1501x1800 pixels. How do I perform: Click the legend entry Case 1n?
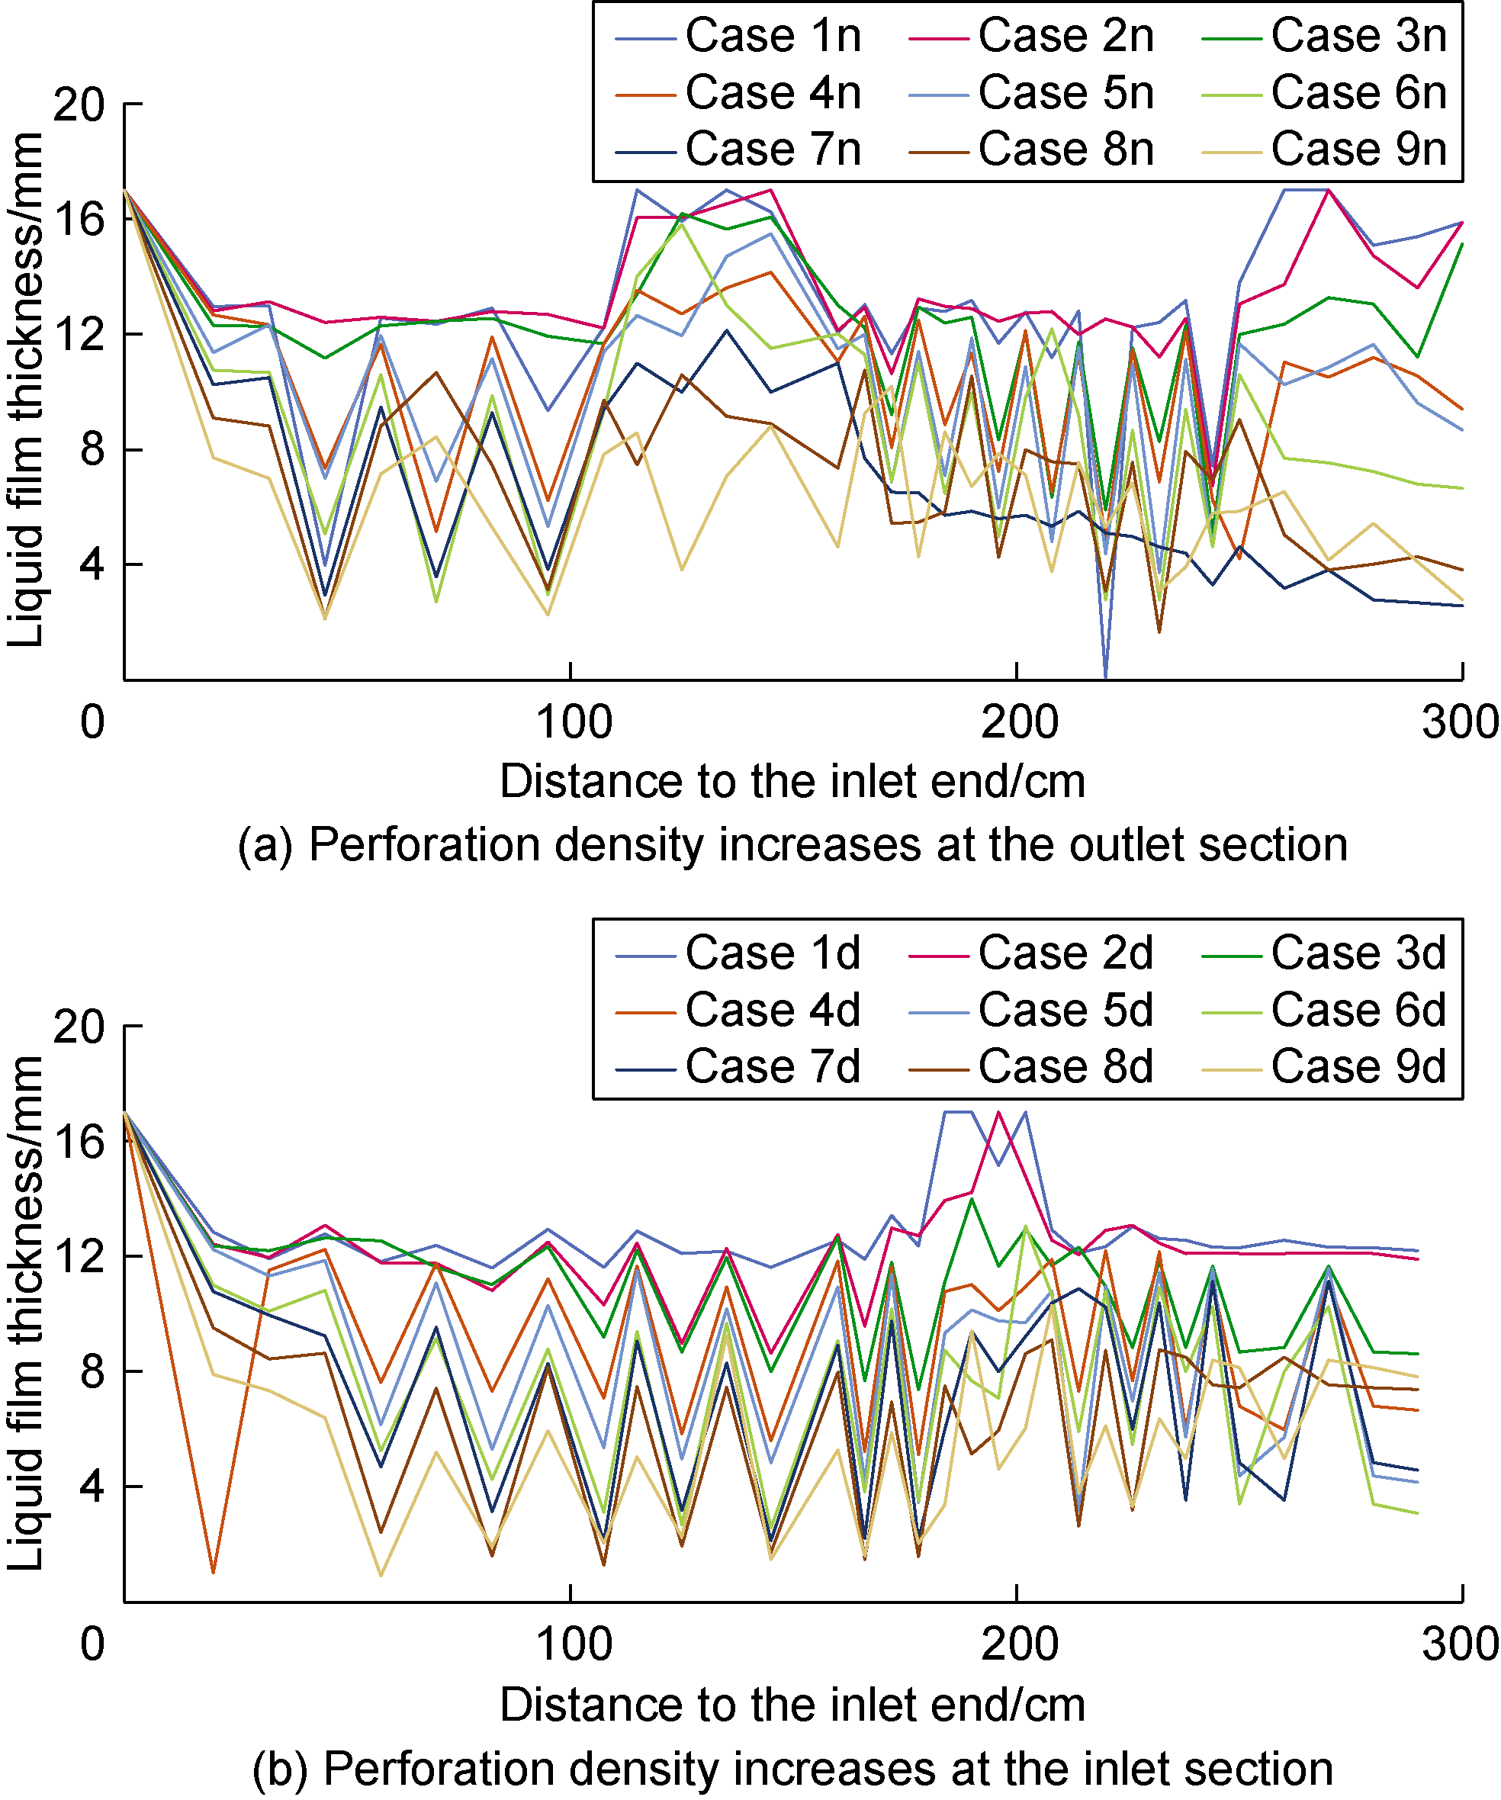[x=773, y=36]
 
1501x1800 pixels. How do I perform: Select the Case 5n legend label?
[x=1065, y=92]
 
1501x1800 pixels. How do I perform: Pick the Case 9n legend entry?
[x=1358, y=149]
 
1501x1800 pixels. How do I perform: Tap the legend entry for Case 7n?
[x=773, y=149]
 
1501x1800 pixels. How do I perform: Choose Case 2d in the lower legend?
[x=1065, y=953]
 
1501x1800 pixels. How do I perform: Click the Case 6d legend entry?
[x=1358, y=1010]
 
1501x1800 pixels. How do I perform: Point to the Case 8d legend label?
[x=1065, y=1067]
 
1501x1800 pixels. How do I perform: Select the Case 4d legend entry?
[x=773, y=1010]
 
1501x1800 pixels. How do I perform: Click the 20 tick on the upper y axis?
[x=78, y=104]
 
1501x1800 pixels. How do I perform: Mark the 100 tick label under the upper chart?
[x=574, y=722]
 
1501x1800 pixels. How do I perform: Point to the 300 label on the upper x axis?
[x=1460, y=722]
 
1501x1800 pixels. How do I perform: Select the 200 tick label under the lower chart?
[x=1019, y=1644]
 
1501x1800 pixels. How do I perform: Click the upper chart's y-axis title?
[x=25, y=390]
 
